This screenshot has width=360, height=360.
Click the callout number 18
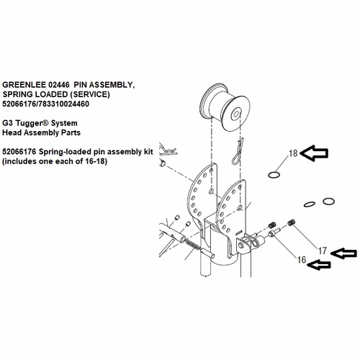[292, 153]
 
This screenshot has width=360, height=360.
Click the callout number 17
[323, 251]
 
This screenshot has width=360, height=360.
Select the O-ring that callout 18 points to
[273, 174]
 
